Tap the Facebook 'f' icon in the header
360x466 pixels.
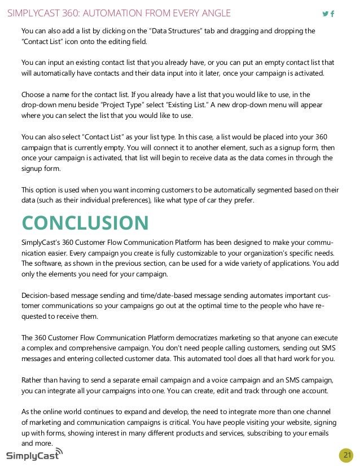(x=332, y=14)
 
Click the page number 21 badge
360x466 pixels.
(x=346, y=455)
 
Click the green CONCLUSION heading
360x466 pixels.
(x=85, y=222)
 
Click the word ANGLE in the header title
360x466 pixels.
(x=214, y=13)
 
